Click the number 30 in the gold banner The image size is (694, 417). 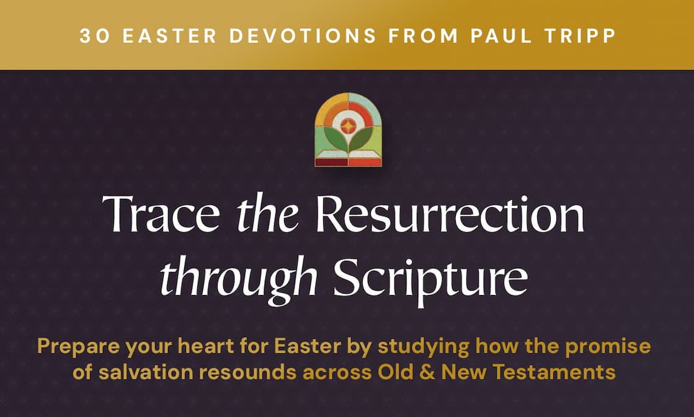94,35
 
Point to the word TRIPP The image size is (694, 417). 582,35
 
